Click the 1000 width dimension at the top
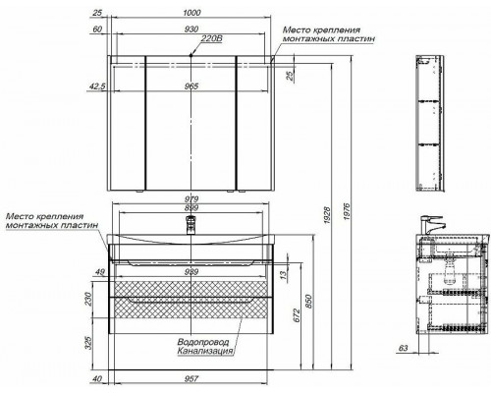[191, 13]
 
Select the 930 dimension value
[191, 29]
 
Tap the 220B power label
[211, 38]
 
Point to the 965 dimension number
[191, 86]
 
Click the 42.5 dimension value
[97, 86]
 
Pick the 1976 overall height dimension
[347, 214]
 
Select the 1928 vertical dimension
[327, 214]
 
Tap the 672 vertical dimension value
[297, 315]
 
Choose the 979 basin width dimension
[191, 199]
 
